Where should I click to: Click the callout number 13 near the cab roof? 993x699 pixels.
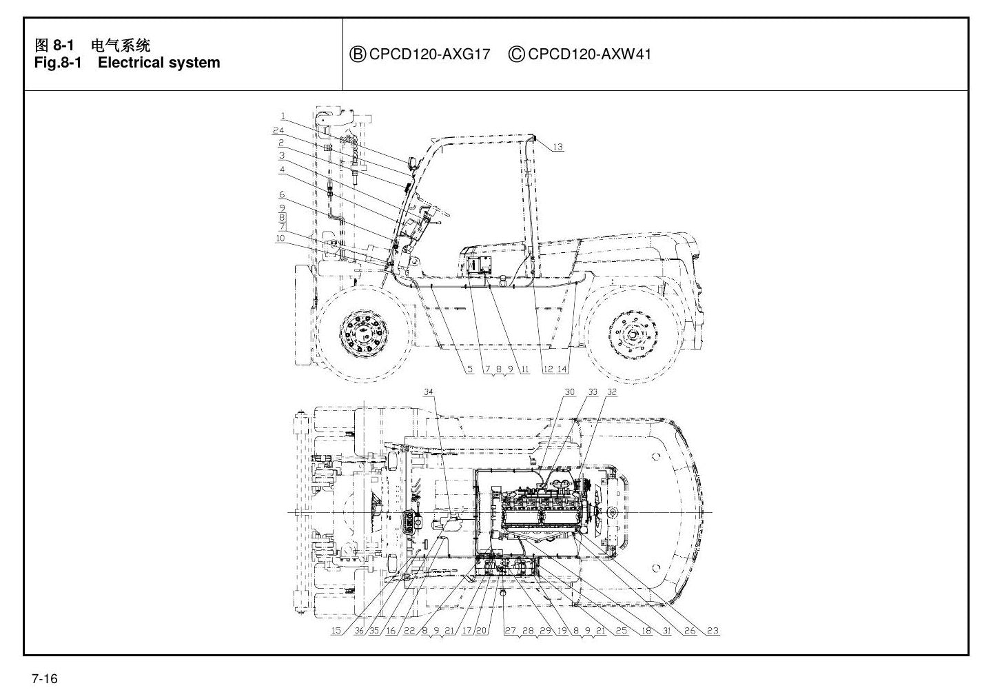557,147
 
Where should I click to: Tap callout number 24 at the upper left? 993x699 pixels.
278,130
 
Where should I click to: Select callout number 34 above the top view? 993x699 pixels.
428,392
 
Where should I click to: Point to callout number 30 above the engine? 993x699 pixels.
570,392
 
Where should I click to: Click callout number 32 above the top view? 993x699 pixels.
612,392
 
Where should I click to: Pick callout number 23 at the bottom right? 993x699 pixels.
713,631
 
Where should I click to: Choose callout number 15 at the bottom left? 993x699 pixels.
336,631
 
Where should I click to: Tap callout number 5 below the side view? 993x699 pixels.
470,369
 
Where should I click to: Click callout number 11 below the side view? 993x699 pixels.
525,369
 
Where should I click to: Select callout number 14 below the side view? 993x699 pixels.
562,369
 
